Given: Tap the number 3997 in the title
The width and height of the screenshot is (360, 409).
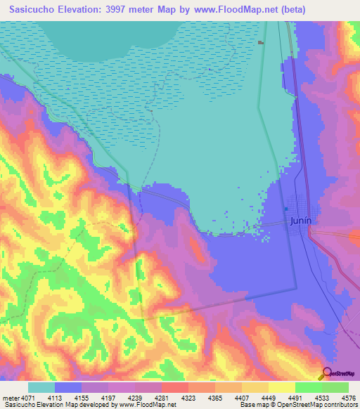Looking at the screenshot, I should click(123, 8).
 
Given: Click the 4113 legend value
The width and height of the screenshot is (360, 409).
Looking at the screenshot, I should click(68, 396).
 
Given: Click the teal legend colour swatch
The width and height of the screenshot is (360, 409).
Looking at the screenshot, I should click(41, 387).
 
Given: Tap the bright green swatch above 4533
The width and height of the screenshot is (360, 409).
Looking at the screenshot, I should click(308, 387).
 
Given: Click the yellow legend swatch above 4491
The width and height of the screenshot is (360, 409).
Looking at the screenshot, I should click(281, 387).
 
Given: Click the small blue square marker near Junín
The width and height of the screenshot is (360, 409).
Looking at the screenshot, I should click(286, 209).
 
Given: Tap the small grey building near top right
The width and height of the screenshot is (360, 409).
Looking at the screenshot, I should click(261, 43).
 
